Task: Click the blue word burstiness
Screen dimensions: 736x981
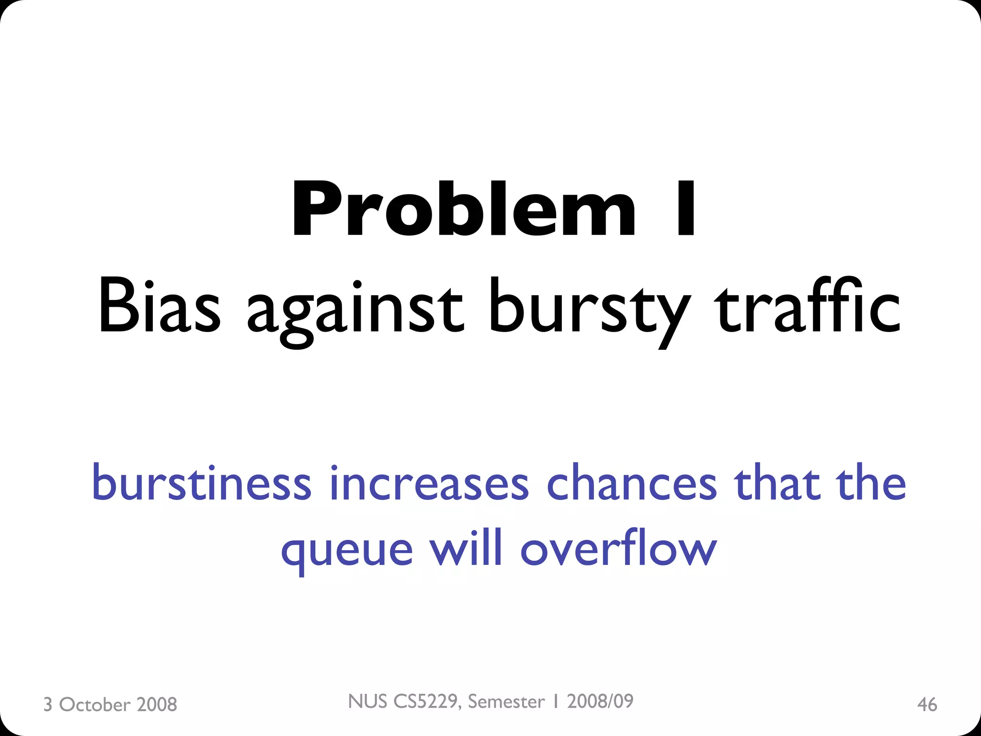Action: [x=202, y=483]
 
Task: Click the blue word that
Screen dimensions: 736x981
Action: [x=776, y=483]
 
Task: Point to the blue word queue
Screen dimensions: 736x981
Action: [x=347, y=550]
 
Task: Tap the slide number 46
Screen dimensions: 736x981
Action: [x=927, y=705]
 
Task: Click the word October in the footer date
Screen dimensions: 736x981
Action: [x=94, y=705]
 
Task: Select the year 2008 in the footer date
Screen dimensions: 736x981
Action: [x=157, y=705]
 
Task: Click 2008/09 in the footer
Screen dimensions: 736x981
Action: [x=600, y=701]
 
